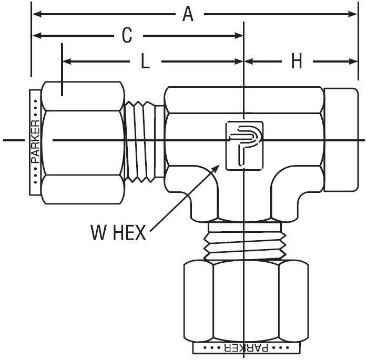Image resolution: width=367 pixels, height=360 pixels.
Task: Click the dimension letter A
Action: point(188,14)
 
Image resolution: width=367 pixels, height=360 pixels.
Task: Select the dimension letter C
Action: point(127,36)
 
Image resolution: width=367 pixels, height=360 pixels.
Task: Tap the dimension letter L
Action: point(145,61)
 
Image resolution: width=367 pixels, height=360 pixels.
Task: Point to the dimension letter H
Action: point(297,61)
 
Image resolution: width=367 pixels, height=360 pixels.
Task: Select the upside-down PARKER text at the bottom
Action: point(242,348)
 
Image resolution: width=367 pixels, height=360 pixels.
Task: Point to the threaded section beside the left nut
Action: point(145,141)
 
